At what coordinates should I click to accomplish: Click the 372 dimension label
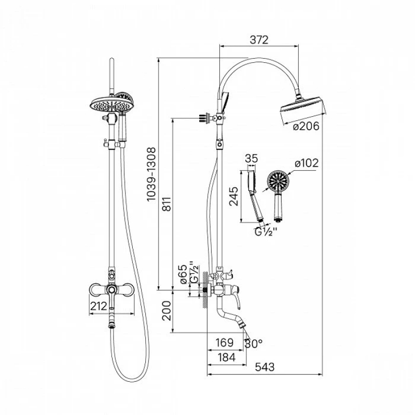click(259, 40)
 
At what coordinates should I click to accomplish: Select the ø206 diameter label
click(306, 126)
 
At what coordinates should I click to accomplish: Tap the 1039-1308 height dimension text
click(151, 174)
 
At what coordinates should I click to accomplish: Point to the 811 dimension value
click(167, 204)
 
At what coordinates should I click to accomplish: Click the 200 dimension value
click(167, 311)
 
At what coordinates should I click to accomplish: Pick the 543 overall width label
click(265, 367)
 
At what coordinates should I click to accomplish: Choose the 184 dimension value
click(227, 357)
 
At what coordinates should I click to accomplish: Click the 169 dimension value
click(225, 343)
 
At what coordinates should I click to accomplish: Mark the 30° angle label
click(253, 344)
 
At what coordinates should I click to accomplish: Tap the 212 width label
click(99, 306)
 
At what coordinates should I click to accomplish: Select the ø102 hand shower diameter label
click(307, 163)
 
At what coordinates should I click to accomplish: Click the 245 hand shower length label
click(234, 196)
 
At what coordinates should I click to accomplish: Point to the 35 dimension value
click(251, 159)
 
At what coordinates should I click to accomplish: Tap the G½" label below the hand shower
click(266, 232)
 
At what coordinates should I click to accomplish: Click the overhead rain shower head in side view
click(303, 108)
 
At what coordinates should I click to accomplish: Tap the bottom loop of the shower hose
click(131, 380)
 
